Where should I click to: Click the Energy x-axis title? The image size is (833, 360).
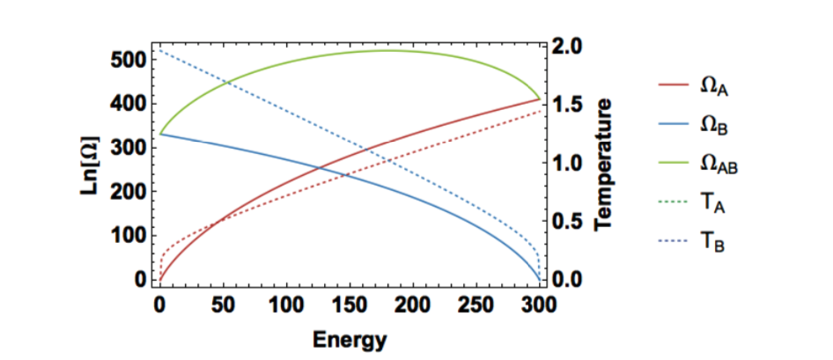[x=348, y=338]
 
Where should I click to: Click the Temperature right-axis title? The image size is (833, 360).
[x=603, y=165]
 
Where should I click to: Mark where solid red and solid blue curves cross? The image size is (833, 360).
[x=319, y=167]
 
